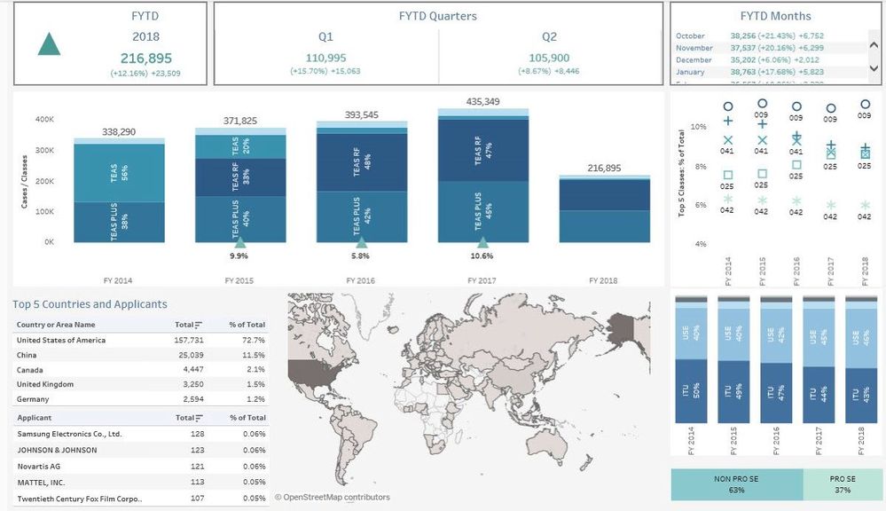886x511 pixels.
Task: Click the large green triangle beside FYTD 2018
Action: coord(50,43)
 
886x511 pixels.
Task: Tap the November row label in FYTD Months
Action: coord(694,48)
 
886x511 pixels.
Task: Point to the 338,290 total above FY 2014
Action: coord(119,131)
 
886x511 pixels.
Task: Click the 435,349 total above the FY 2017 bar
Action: coord(482,102)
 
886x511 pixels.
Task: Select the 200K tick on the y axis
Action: coord(44,180)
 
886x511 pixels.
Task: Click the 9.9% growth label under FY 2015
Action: coord(239,255)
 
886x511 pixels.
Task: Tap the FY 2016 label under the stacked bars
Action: coord(362,280)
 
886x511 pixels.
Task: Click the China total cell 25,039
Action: coord(190,355)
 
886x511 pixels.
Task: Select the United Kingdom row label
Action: coord(45,384)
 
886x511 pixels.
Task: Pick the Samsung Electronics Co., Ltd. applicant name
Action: coord(69,434)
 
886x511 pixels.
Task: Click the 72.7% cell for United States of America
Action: coord(254,340)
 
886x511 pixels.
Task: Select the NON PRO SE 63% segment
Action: coord(736,484)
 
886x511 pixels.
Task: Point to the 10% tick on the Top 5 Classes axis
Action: coord(699,127)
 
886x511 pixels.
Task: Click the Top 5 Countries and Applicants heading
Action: coord(90,304)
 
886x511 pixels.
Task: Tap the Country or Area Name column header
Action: coord(56,325)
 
